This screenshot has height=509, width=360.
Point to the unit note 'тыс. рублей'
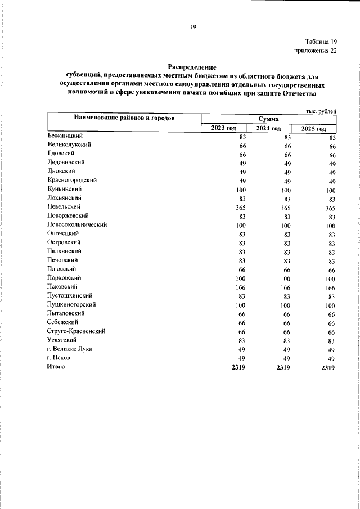tap(321, 111)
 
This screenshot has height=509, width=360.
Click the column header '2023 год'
tap(224, 129)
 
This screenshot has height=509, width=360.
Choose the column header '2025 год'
tap(314, 129)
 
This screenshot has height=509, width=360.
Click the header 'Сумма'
tap(268, 119)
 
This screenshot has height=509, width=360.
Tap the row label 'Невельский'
tap(64, 206)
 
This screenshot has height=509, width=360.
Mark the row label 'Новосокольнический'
tap(77, 224)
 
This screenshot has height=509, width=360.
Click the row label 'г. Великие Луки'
tap(70, 349)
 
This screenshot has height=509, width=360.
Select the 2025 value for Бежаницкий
tap(332, 137)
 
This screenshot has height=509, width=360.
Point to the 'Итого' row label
tap(56, 367)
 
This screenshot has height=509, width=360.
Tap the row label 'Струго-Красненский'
tap(76, 331)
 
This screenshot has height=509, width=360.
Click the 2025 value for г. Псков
tap(332, 359)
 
